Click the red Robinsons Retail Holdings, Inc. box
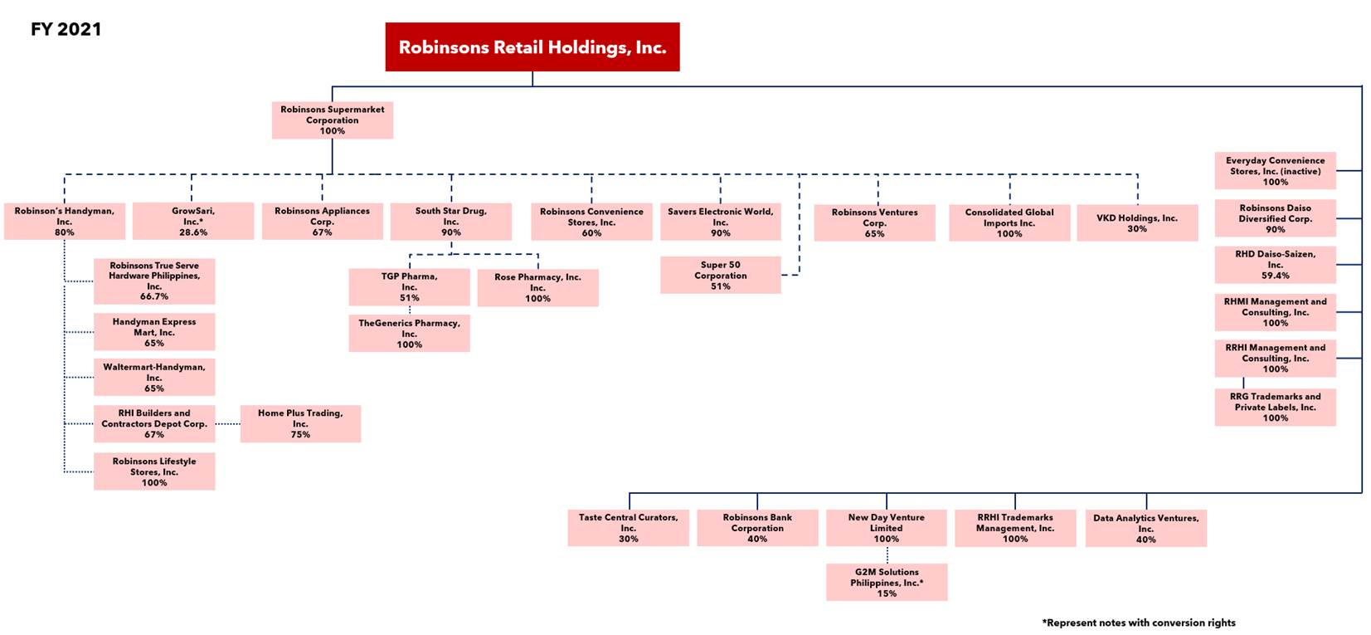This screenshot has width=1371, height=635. (532, 47)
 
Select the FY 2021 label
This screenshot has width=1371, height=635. (66, 29)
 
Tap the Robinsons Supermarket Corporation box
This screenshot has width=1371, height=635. (333, 120)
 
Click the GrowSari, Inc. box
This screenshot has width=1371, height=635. (193, 221)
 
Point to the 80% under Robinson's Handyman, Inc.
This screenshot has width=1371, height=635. (64, 232)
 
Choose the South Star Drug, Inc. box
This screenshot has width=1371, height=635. (451, 222)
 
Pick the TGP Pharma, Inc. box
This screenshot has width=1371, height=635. (410, 286)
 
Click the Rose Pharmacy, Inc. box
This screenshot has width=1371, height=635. (538, 288)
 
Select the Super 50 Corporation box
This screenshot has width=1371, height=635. (721, 275)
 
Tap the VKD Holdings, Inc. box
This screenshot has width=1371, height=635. (1137, 223)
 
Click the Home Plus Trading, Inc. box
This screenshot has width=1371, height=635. (300, 423)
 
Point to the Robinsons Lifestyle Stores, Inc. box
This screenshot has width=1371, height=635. (154, 471)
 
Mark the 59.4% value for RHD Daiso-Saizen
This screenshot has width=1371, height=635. (1276, 276)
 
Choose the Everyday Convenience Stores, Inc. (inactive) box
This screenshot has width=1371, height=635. (1276, 171)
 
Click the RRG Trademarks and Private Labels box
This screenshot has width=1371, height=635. (1276, 408)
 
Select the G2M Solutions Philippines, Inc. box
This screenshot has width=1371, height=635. (887, 583)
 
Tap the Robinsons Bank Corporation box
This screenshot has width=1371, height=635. (757, 528)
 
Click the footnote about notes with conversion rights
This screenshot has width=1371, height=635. (1139, 623)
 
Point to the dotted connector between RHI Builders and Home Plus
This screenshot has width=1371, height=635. (228, 423)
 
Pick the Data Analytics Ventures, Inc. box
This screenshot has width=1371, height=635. (1145, 529)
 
